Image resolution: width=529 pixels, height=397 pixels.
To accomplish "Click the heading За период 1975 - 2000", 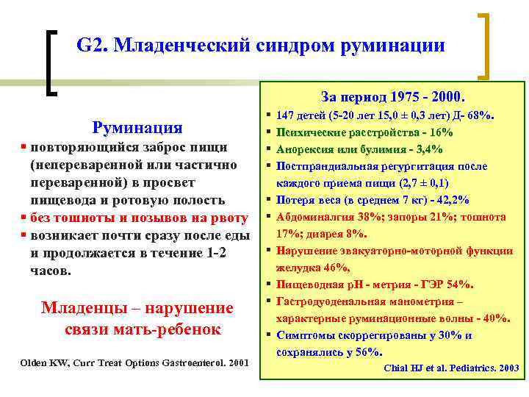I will pos(392,96).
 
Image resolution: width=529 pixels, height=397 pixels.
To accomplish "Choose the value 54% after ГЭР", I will pos(459,285).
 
